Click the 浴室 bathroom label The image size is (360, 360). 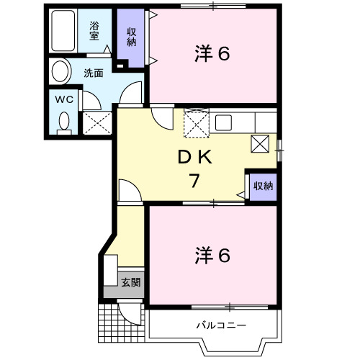pyautogui.click(x=94, y=31)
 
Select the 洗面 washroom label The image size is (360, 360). pyautogui.click(x=93, y=73)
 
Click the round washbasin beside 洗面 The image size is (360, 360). pyautogui.click(x=60, y=71)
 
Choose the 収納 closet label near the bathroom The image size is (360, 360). pyautogui.click(x=132, y=36)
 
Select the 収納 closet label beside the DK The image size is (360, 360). pyautogui.click(x=262, y=186)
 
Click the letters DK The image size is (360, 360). pyautogui.click(x=194, y=157)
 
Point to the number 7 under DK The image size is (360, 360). pyautogui.click(x=193, y=181)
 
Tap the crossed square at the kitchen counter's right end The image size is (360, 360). pyautogui.click(x=260, y=143)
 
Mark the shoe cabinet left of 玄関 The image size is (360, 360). pyautogui.click(x=110, y=274)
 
